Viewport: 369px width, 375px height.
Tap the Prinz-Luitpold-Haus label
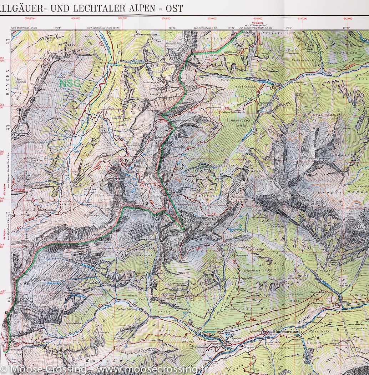[x=133, y=162]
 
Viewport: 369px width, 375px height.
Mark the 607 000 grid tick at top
[x=122, y=19]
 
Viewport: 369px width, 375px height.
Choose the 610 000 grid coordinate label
[x=258, y=19]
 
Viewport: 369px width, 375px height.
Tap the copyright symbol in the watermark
[x=4, y=368]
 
